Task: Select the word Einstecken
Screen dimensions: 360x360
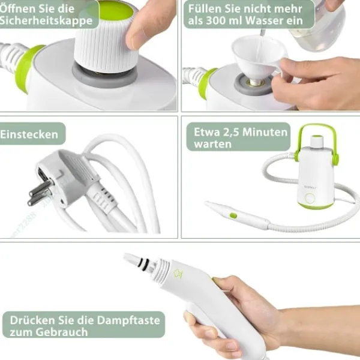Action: [29, 134]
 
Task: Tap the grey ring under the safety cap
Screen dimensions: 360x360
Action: [105, 75]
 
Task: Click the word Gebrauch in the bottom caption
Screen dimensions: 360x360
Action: [60, 332]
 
